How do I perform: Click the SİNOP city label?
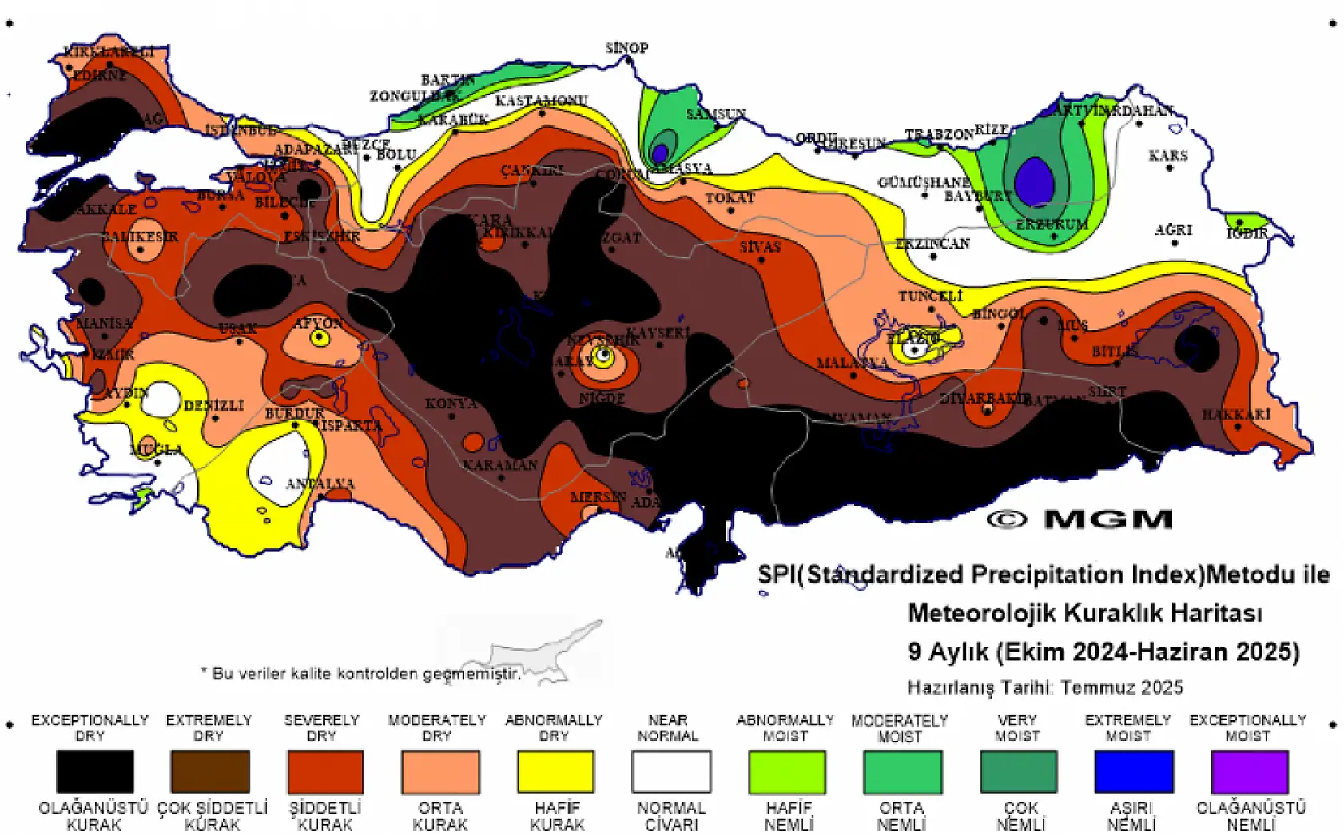point(626,48)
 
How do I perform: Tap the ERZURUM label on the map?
point(1052,225)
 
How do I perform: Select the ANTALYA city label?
point(320,484)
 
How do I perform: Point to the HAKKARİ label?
point(1235,415)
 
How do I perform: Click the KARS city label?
point(1167,155)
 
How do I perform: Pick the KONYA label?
point(451,404)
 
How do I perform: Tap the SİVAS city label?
point(760,247)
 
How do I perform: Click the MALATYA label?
point(852,363)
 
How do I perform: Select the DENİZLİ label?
point(213,405)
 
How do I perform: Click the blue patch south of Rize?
point(1035,181)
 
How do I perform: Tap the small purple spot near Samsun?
point(660,152)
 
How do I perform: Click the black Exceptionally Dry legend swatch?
point(94,771)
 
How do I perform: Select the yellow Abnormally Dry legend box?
point(556,771)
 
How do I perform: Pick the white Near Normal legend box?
point(670,771)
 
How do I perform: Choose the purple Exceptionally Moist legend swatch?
point(1249,771)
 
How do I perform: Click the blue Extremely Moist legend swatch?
point(1133,771)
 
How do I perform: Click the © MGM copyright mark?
point(1080,520)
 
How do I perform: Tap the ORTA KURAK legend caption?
point(440,816)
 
